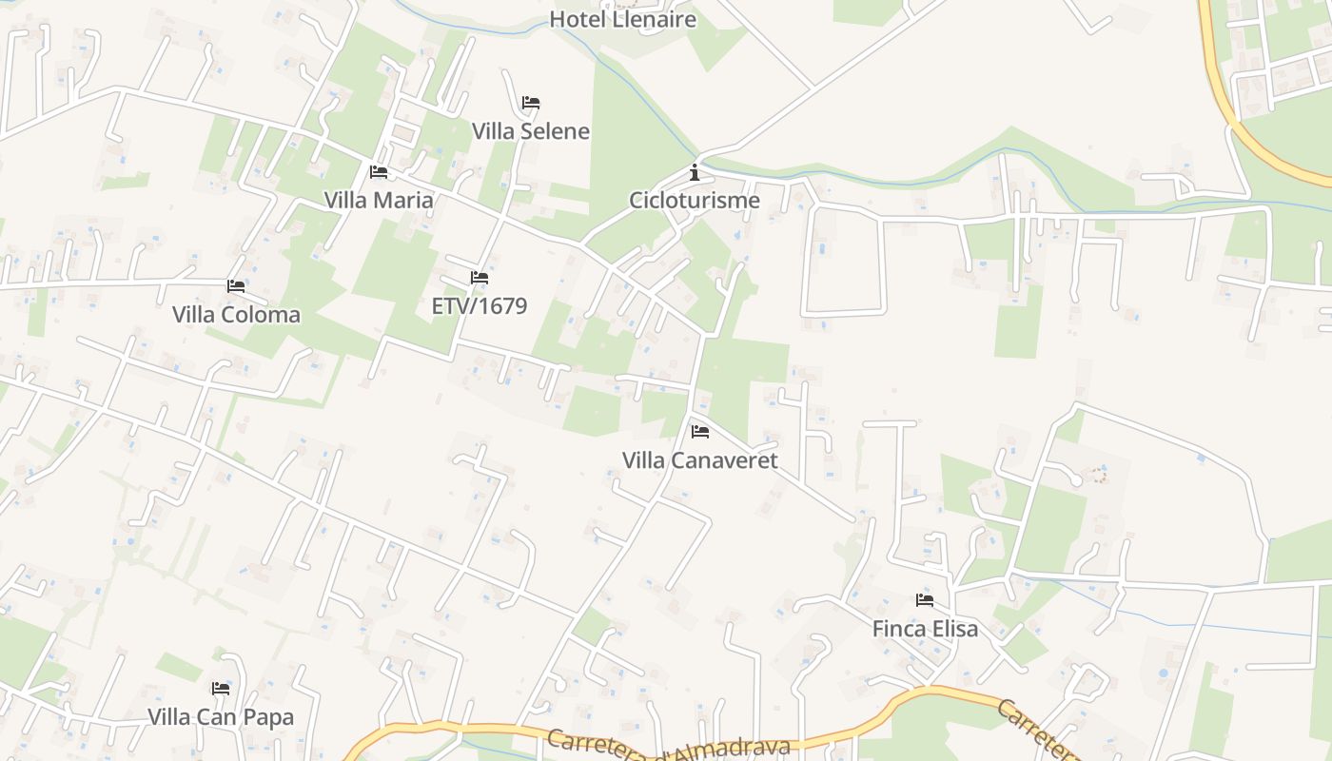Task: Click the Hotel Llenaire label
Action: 623,19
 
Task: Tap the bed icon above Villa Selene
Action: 531,103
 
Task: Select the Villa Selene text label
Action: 531,131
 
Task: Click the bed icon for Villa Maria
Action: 379,172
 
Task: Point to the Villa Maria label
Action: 379,201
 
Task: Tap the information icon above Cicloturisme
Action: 695,172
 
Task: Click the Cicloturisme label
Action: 695,201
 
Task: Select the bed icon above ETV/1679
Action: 480,278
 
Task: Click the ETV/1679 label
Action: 480,306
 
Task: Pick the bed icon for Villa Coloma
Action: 236,285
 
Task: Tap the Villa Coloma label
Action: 236,315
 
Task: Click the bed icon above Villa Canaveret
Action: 700,432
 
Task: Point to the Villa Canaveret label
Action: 700,461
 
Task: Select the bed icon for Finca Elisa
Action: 925,600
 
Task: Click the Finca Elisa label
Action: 925,630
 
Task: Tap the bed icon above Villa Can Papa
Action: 221,689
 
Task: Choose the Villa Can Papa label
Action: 221,717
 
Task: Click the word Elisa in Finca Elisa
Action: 952,630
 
